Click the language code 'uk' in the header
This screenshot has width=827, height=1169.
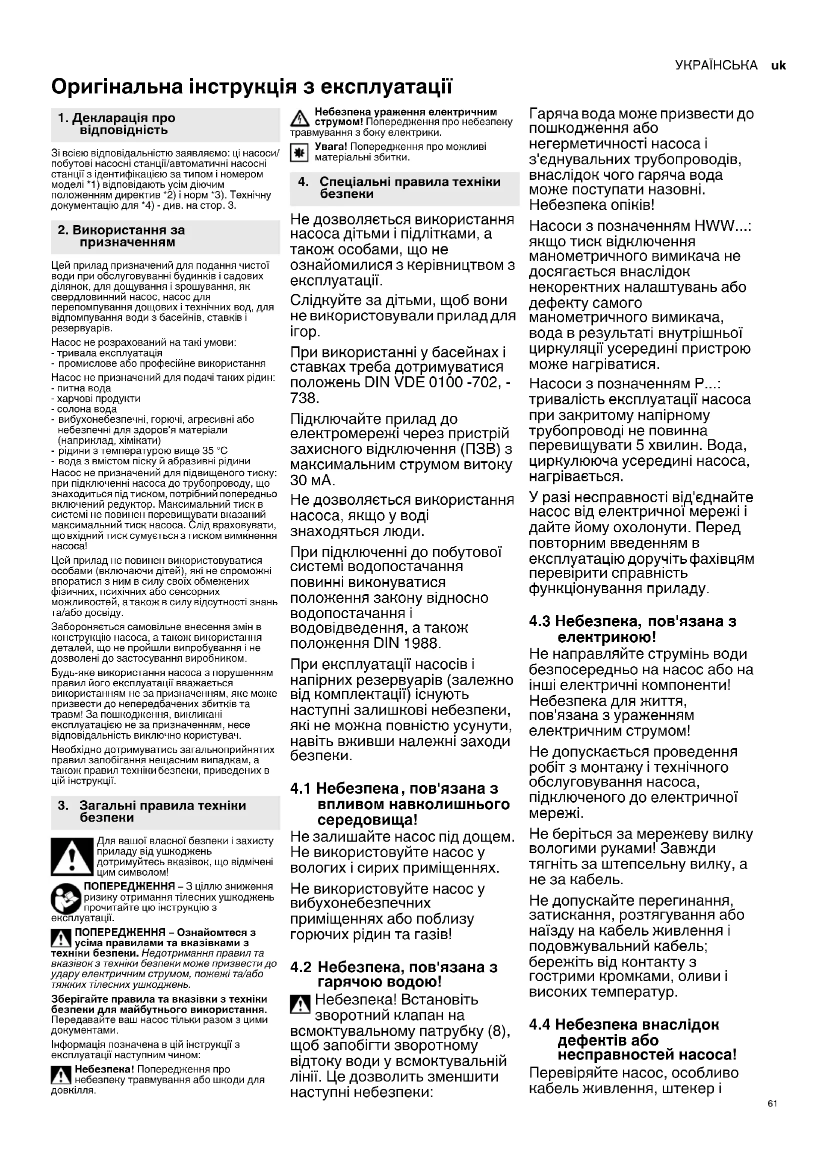(x=778, y=65)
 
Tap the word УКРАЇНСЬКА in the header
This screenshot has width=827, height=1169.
(x=716, y=65)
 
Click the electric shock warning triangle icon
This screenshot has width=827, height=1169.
(x=300, y=119)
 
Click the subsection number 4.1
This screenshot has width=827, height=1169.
(x=300, y=789)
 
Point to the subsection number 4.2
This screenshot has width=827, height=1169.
(x=300, y=967)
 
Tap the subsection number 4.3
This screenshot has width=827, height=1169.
(x=539, y=621)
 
